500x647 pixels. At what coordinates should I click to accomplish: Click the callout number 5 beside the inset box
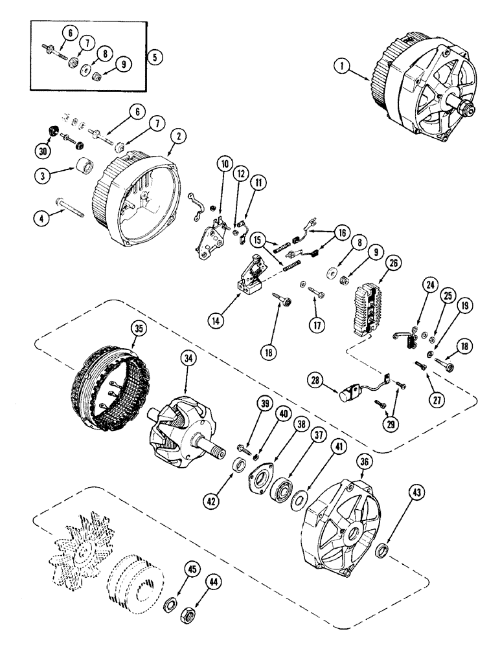coord(154,56)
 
